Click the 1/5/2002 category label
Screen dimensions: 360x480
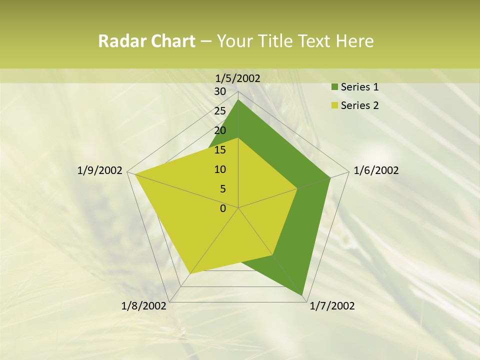coord(238,78)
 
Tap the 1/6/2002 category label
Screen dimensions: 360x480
coord(376,170)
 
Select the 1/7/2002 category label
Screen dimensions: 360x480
coord(332,306)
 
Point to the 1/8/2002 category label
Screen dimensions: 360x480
coord(144,306)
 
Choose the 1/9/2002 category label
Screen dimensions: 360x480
coord(99,170)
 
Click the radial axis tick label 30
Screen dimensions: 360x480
coord(220,91)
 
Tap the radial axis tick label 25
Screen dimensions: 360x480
coord(220,111)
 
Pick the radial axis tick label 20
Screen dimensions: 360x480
coord(220,130)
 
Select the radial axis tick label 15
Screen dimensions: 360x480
coord(220,150)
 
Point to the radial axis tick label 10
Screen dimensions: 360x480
coord(220,169)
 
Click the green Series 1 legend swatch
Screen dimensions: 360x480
coord(334,87)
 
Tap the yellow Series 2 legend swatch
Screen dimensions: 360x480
coord(334,105)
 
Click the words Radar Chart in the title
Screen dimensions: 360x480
coord(146,41)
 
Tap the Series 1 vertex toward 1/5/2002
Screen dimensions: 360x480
coord(238,100)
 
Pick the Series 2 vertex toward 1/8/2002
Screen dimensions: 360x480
coord(190,273)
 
